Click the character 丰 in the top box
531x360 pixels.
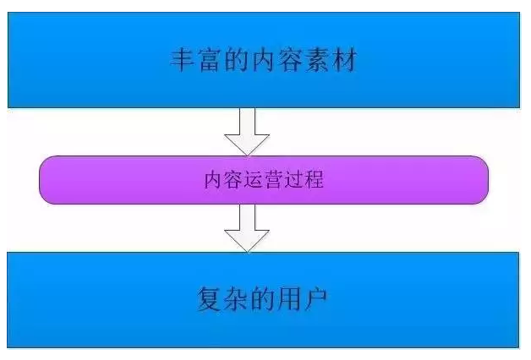coord(178,61)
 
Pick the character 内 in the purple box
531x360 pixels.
coord(213,179)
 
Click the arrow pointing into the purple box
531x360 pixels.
coord(249,131)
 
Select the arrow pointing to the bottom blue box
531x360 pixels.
coord(249,227)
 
